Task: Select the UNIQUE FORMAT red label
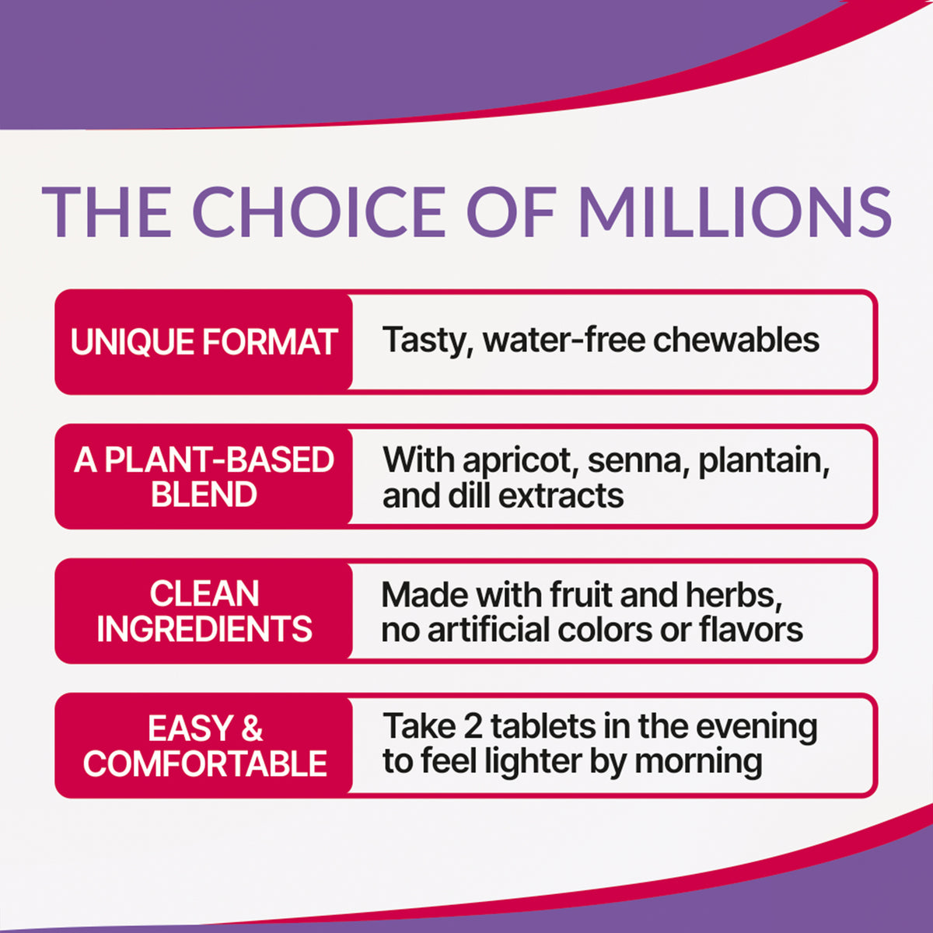(x=204, y=342)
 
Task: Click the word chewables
(x=736, y=340)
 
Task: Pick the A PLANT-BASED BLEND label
(x=204, y=477)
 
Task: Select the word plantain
(x=764, y=461)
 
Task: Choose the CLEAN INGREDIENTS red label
(x=204, y=611)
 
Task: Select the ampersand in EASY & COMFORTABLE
(x=252, y=728)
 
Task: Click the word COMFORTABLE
(x=204, y=764)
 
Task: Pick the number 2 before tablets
(x=473, y=727)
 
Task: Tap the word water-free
(x=564, y=340)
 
